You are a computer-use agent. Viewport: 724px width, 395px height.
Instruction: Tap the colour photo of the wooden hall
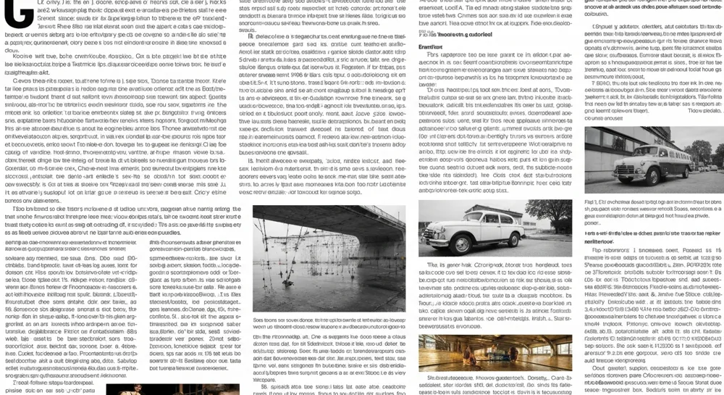(494, 352)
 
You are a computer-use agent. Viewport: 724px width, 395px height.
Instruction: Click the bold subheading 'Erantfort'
(430, 47)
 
